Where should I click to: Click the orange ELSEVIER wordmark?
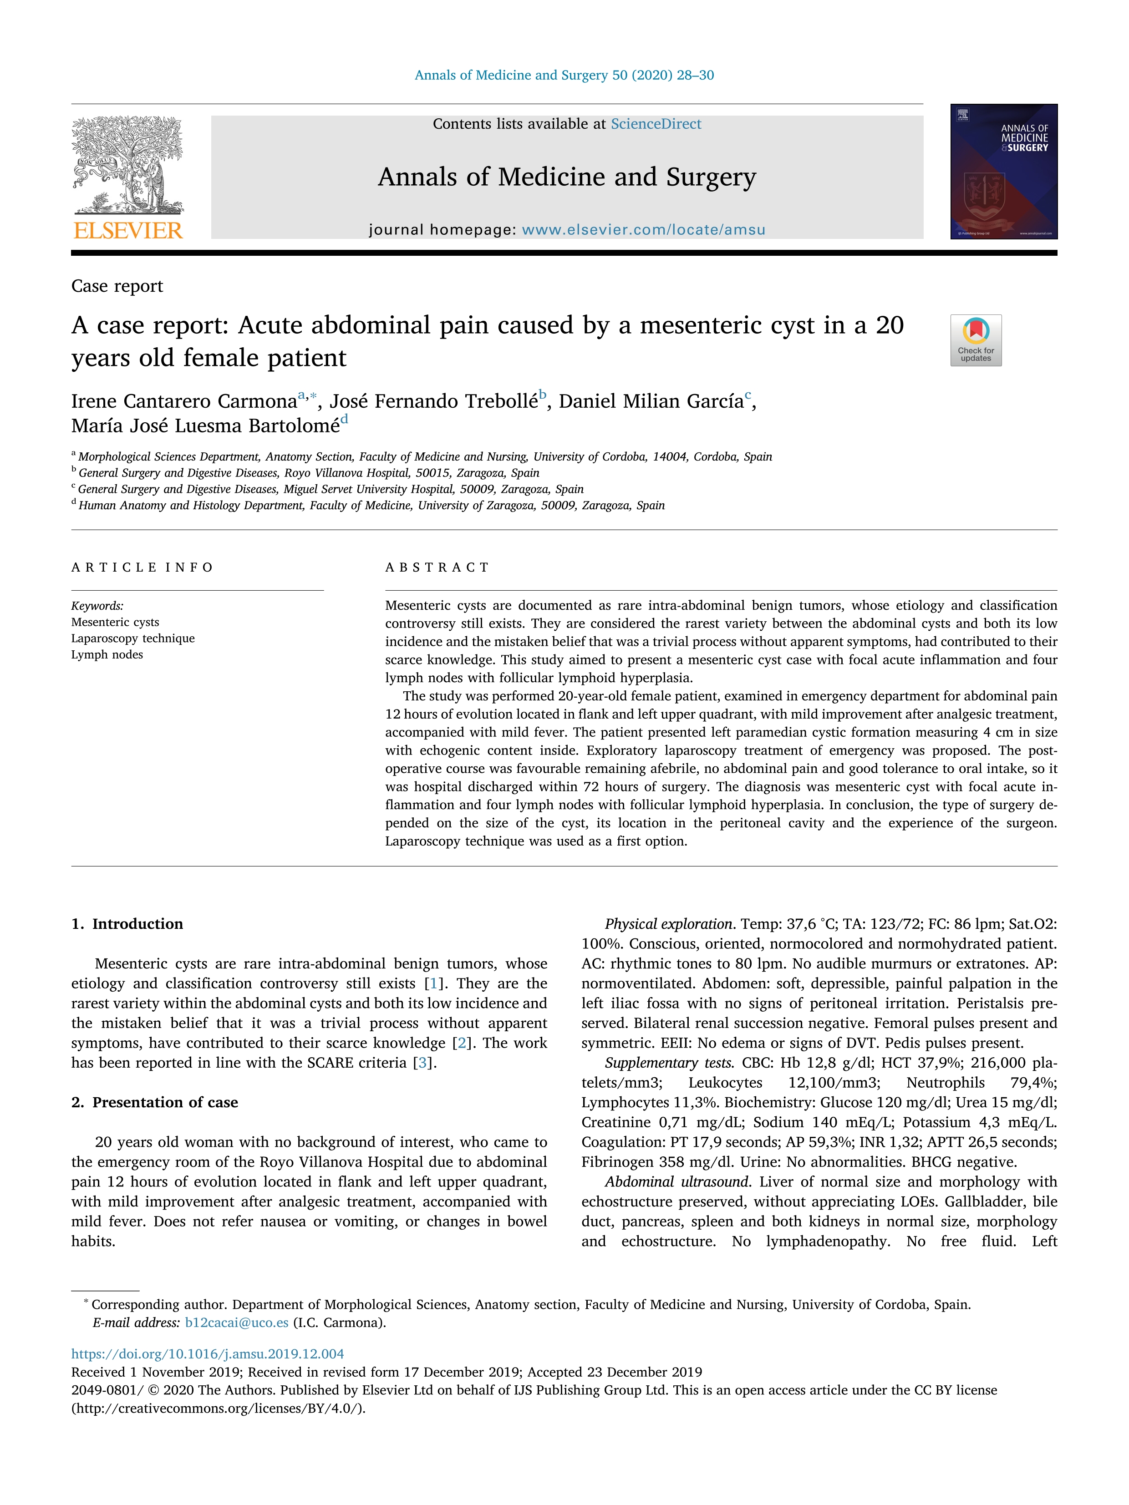(128, 231)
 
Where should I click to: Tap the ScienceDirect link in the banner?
(656, 124)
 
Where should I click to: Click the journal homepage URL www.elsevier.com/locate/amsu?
(643, 230)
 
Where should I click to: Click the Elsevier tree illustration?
(128, 165)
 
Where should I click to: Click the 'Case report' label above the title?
(117, 286)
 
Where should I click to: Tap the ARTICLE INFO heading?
(142, 568)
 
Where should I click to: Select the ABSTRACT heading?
(437, 568)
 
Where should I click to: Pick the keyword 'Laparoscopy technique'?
(133, 638)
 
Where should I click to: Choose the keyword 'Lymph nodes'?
(107, 654)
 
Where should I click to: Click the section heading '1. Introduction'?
(127, 924)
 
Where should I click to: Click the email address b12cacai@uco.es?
(237, 1323)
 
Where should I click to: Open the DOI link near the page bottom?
(208, 1354)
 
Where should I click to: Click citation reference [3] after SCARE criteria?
(423, 1063)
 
